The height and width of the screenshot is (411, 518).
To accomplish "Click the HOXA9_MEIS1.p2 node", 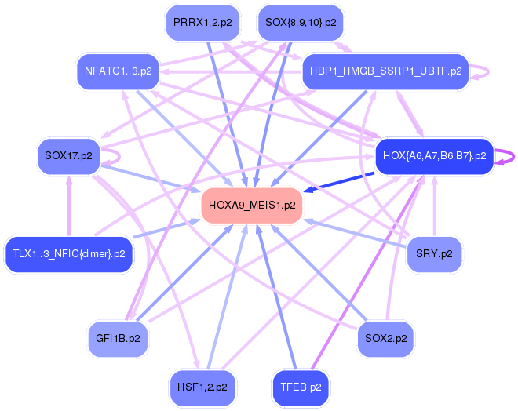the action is (252, 205).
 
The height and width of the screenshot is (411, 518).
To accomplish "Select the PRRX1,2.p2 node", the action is (202, 23).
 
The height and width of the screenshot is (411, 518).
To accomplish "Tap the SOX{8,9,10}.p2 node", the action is (301, 23).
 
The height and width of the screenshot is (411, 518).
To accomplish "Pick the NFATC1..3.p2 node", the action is (119, 71).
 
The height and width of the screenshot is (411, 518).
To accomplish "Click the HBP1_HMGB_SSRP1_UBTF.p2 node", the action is (385, 71).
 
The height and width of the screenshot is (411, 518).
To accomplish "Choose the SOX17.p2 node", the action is (69, 156).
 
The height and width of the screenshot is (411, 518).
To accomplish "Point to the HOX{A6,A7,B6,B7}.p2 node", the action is (435, 156).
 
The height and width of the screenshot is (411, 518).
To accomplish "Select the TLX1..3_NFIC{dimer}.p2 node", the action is (69, 254).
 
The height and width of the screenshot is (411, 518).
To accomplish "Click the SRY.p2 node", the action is (434, 254).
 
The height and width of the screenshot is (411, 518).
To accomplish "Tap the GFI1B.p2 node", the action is (118, 339).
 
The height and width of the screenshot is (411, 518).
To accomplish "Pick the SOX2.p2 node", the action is (386, 339).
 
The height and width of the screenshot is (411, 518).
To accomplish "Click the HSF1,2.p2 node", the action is (202, 387).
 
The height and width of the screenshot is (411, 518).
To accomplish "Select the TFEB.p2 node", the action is (301, 387).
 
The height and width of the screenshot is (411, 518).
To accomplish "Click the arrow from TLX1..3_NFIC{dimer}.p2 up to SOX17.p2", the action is (69, 205).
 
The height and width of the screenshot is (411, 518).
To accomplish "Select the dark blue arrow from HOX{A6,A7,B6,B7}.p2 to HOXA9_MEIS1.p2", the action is (338, 182).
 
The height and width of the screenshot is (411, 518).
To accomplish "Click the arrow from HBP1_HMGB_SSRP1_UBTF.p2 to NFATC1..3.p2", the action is (231, 71).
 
